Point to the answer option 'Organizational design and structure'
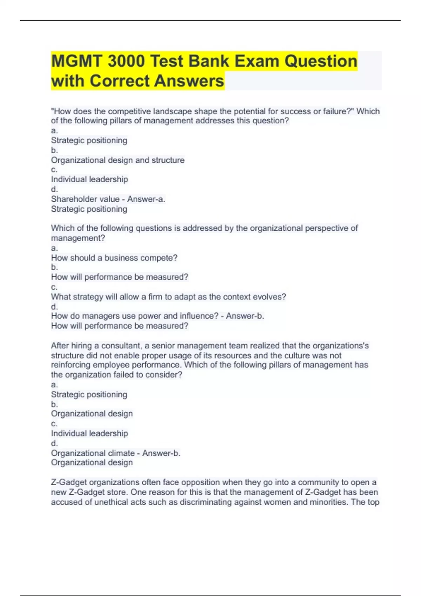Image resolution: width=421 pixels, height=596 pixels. click(x=118, y=160)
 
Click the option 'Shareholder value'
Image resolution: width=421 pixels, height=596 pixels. click(x=85, y=199)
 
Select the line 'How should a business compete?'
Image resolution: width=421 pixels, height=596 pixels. click(x=114, y=258)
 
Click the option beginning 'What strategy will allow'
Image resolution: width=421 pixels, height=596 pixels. click(x=168, y=297)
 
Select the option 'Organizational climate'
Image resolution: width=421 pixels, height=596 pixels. click(x=93, y=453)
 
